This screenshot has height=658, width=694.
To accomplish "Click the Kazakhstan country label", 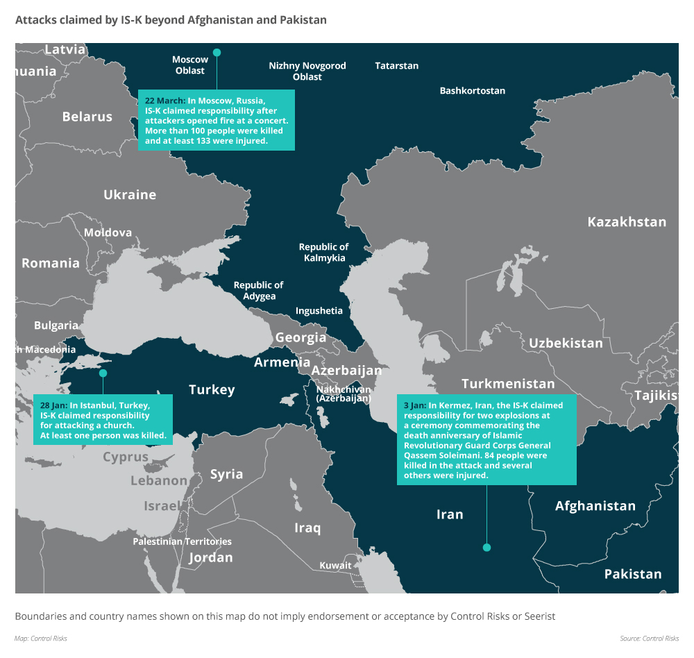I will pyautogui.click(x=626, y=222).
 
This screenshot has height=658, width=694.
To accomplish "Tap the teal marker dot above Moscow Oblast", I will pyautogui.click(x=217, y=52).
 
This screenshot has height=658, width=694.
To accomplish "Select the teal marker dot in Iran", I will pyautogui.click(x=486, y=548).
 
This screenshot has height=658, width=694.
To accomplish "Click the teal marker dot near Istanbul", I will pyautogui.click(x=103, y=373).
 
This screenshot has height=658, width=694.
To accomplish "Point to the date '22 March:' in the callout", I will pyautogui.click(x=165, y=101).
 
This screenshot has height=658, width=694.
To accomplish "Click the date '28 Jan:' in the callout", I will pyautogui.click(x=53, y=405).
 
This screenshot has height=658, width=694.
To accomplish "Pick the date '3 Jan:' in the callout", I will pyautogui.click(x=414, y=405).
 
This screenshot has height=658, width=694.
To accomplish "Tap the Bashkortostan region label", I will pyautogui.click(x=472, y=91).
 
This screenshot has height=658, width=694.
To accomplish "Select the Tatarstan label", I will pyautogui.click(x=396, y=66).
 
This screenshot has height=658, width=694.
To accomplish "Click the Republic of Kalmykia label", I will pyautogui.click(x=323, y=253).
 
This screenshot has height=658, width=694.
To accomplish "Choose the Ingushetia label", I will pyautogui.click(x=319, y=311).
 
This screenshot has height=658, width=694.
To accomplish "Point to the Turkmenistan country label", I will pyautogui.click(x=508, y=384).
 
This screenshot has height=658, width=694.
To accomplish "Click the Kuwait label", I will pyautogui.click(x=335, y=566).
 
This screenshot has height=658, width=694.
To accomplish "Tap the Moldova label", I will pyautogui.click(x=108, y=233).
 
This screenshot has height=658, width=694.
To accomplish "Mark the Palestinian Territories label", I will pyautogui.click(x=183, y=541).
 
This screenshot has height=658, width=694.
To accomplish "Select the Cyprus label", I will pyautogui.click(x=126, y=457).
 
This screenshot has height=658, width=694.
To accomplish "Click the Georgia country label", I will pyautogui.click(x=301, y=338).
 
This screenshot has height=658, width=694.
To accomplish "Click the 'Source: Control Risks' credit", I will pyautogui.click(x=649, y=638).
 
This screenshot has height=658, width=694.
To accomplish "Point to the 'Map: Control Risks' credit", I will pyautogui.click(x=41, y=638).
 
